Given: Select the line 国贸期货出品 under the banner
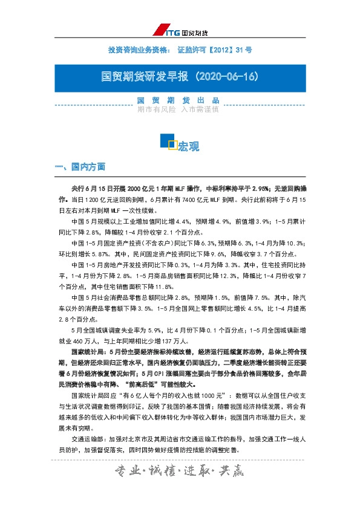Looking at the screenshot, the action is tap(177, 100).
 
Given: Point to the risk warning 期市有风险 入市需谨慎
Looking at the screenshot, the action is tap(177, 109).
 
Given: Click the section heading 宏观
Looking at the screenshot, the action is tap(189, 146).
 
